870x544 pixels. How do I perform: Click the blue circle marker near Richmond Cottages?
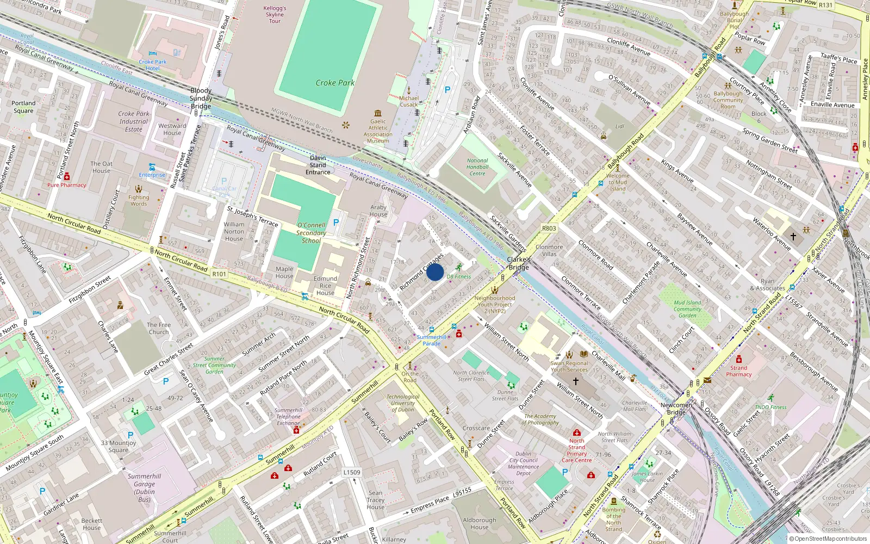[435, 272]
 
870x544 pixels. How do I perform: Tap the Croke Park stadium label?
[335, 83]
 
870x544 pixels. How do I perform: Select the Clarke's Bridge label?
[519, 263]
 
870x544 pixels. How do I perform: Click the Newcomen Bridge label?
[676, 409]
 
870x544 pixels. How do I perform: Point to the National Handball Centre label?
[477, 167]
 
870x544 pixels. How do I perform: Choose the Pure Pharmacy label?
[66, 185]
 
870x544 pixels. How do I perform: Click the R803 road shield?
[549, 228]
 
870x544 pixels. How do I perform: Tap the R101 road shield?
[219, 274]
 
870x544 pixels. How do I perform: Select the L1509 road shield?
[352, 472]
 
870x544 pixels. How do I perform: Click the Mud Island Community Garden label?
[687, 309]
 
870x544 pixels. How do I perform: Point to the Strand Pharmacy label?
[738, 371]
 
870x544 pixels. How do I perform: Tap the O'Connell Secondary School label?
[311, 233]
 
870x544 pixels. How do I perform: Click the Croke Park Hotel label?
[153, 65]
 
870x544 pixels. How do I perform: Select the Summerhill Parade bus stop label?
[432, 340]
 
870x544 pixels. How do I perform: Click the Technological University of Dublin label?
[403, 403]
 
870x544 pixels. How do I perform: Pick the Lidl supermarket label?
[620, 126]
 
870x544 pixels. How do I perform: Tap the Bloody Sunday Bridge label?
[201, 98]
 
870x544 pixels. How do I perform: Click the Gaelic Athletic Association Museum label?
[378, 131]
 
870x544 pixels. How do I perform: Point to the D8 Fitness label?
[459, 276]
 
